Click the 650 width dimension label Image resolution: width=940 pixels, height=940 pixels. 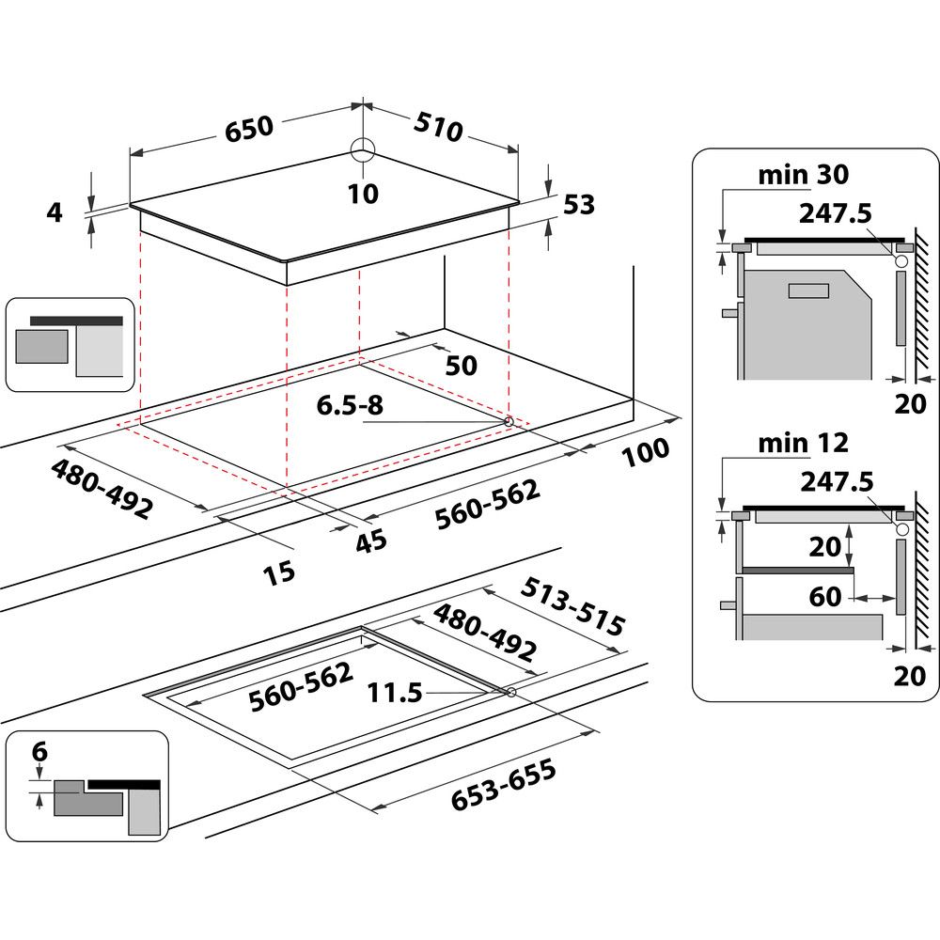pyautogui.click(x=248, y=128)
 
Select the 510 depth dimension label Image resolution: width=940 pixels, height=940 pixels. pyautogui.click(x=437, y=126)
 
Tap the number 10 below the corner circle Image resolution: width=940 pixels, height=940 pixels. pyautogui.click(x=362, y=194)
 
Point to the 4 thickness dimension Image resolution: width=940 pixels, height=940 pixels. pyautogui.click(x=55, y=212)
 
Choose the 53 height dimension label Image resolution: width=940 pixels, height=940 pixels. pyautogui.click(x=579, y=204)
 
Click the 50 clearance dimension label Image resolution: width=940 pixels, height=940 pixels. pyautogui.click(x=461, y=365)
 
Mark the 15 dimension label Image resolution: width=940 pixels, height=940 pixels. pyautogui.click(x=279, y=571)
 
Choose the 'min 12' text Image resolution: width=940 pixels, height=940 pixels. pyautogui.click(x=803, y=442)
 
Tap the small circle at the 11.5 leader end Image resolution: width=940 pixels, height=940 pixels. pyautogui.click(x=509, y=693)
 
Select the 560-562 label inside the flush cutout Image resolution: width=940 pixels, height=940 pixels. pyautogui.click(x=301, y=687)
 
